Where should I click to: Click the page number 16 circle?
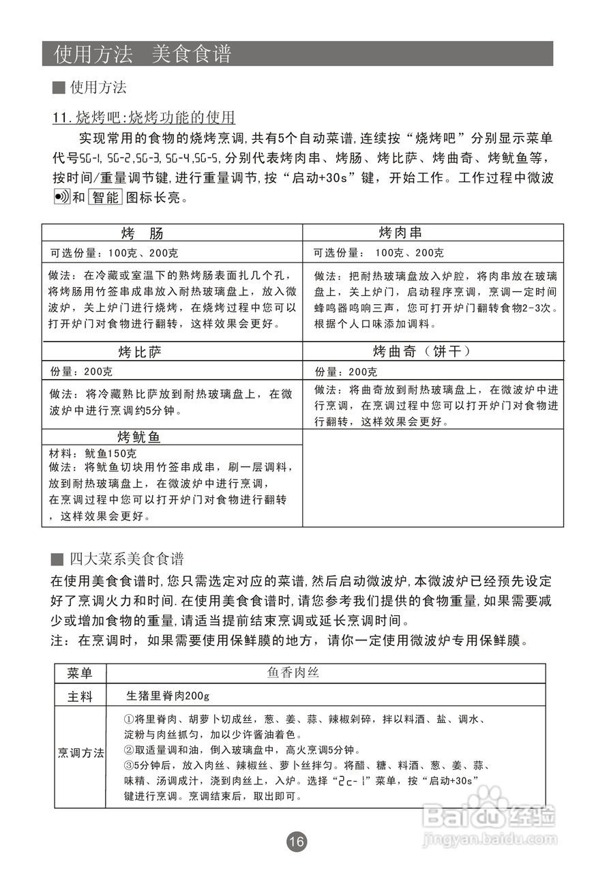[297, 842]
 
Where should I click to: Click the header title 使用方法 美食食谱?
[143, 54]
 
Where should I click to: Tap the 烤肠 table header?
[143, 233]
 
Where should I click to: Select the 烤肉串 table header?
[405, 233]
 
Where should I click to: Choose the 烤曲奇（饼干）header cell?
[422, 352]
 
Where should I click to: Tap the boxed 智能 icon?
[104, 198]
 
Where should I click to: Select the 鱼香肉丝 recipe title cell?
[293, 673]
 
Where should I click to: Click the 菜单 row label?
[80, 673]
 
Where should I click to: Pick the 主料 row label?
[80, 696]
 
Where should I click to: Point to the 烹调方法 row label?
[80, 753]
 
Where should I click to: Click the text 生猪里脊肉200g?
[168, 696]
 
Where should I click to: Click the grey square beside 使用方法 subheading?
[59, 88]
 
